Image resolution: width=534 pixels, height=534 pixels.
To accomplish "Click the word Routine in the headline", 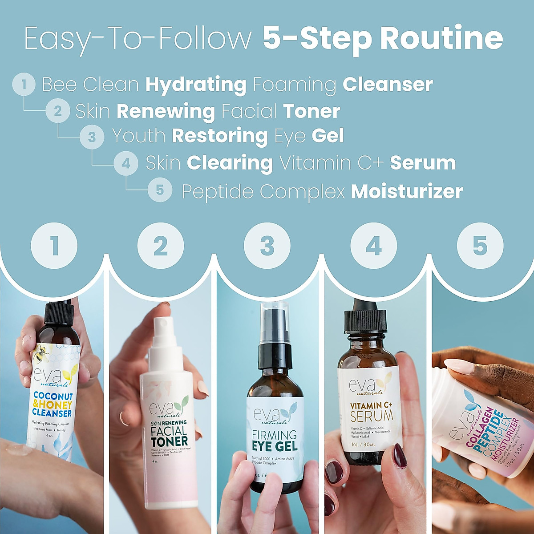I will (x=441, y=38).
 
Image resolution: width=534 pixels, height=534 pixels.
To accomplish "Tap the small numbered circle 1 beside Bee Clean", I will (x=24, y=84).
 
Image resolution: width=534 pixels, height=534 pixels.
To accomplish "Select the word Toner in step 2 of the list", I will (x=311, y=111).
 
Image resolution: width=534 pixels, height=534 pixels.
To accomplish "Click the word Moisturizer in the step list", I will (x=407, y=192).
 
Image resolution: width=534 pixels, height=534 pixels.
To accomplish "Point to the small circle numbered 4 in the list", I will (x=126, y=164).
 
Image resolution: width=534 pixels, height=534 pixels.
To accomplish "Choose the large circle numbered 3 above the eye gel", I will (x=267, y=246).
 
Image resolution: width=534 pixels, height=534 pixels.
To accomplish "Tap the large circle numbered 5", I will (x=480, y=246).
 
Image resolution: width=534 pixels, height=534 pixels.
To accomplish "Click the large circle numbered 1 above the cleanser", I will (x=54, y=246).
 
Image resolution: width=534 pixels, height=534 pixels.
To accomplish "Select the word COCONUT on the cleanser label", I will (x=53, y=396).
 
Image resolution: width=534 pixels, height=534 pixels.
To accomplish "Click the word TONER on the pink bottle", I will (x=169, y=441).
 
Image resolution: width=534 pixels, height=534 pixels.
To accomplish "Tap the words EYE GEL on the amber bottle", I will (x=275, y=446).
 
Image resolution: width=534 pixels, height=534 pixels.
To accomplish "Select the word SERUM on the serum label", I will (x=372, y=417).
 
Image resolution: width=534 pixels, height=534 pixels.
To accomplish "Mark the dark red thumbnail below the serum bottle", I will (x=399, y=456).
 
